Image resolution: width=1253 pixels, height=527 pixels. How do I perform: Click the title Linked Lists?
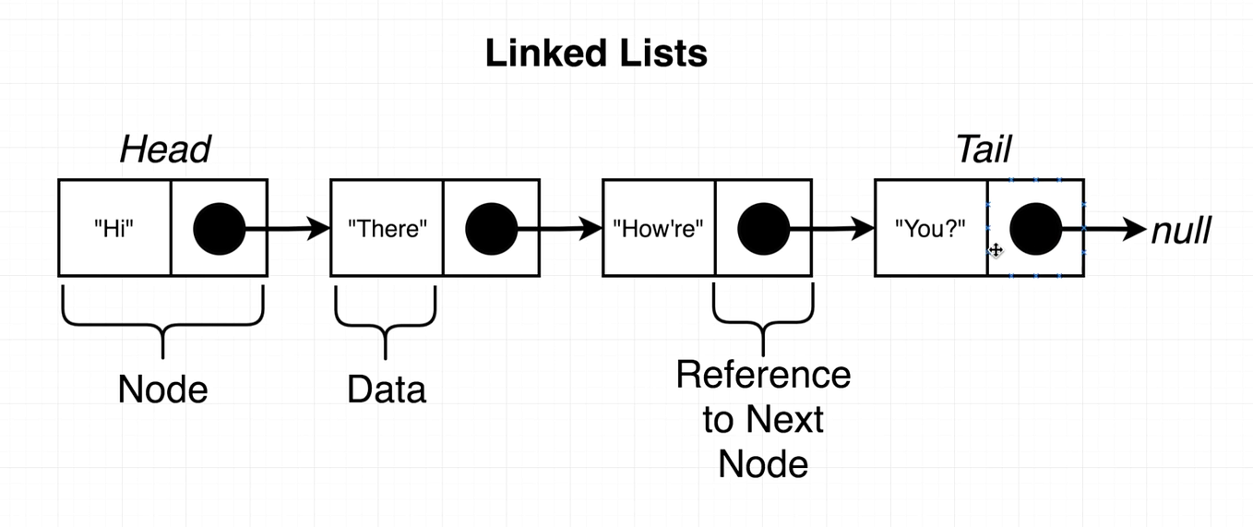pos(596,54)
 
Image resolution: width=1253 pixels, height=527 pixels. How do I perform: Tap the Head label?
pos(165,150)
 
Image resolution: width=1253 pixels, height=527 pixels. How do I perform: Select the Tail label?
pos(984,150)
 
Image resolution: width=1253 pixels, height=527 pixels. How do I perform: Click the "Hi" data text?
pos(114,228)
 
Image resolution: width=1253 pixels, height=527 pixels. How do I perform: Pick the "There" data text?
pos(388,228)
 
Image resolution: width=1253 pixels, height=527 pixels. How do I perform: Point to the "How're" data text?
pos(659,228)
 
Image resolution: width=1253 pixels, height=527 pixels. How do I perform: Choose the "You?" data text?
pos(930,228)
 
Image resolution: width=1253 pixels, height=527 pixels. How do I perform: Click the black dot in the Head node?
pos(220,229)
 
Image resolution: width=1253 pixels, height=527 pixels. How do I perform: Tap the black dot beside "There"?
pos(492,229)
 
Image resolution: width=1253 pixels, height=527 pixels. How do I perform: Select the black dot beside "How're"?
pos(764,229)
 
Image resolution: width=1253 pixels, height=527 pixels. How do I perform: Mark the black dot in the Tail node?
pos(1036,229)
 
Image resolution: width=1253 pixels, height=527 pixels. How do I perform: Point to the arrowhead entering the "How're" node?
pos(591,228)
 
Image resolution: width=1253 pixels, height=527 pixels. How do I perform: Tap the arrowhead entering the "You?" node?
pos(863,228)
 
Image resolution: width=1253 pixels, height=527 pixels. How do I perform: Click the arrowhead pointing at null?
pos(1135,229)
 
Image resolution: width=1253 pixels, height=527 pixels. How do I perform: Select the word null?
pos(1181,231)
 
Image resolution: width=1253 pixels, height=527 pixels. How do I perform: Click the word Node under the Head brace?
pos(162,389)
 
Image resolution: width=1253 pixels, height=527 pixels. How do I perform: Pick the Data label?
pos(387,389)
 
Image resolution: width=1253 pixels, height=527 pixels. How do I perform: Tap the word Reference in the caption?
pos(764,375)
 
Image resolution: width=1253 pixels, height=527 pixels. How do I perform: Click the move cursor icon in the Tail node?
pos(996,250)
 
